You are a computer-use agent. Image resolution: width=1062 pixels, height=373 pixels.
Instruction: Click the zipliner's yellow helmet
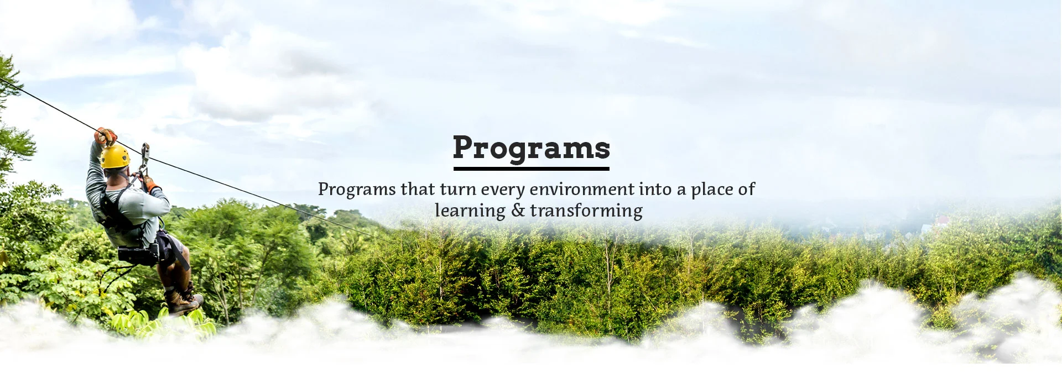click(115, 156)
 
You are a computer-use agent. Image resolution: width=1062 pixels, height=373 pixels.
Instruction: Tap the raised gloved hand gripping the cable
click(106, 136)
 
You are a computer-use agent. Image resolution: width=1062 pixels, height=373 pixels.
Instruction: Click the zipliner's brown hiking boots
click(183, 301)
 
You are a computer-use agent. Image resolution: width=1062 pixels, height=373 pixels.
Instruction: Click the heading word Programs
click(531, 148)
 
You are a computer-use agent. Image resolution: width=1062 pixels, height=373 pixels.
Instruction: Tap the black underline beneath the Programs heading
click(531, 168)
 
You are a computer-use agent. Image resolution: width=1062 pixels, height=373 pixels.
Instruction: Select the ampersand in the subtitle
click(518, 211)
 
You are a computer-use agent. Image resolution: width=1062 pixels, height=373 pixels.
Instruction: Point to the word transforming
click(586, 211)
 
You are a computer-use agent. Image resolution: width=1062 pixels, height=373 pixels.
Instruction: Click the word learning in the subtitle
click(470, 211)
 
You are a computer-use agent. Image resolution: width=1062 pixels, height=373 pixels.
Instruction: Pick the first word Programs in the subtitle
click(357, 190)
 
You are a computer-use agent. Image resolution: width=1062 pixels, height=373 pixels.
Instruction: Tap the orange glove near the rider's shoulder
click(148, 182)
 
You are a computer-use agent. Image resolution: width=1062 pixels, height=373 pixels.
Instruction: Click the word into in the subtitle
click(655, 190)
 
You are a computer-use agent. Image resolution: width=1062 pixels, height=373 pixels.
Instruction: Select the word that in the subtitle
click(418, 190)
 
